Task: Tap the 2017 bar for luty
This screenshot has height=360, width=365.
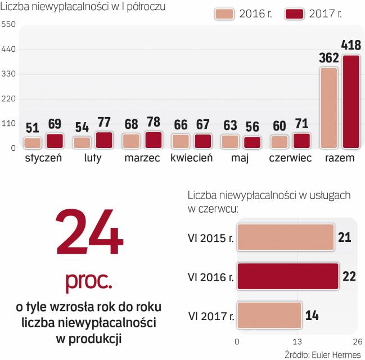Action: coord(104,140)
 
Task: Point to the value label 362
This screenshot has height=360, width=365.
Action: coord(328,57)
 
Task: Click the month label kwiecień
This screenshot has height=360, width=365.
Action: coord(191,158)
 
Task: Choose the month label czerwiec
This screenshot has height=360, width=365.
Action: coord(290,158)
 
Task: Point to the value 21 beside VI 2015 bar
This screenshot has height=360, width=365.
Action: coord(344,237)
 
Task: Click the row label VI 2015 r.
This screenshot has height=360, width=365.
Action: coord(210,238)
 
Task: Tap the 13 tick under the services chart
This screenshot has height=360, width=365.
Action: coord(297,343)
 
